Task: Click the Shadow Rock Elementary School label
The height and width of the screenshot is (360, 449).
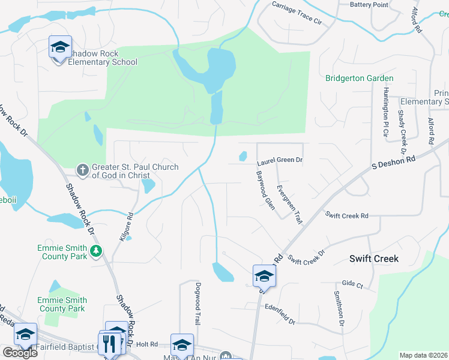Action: (x=102, y=58)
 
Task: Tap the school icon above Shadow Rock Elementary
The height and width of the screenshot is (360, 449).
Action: (x=60, y=47)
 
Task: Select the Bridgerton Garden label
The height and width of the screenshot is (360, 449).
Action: (x=360, y=78)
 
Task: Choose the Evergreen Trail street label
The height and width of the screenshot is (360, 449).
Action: (x=289, y=205)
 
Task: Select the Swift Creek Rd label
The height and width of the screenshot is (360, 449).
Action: (x=347, y=215)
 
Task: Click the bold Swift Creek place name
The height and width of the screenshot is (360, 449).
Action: (x=374, y=259)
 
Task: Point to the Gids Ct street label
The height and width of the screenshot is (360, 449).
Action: (x=352, y=283)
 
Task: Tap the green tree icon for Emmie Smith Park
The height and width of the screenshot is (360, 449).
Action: (x=95, y=250)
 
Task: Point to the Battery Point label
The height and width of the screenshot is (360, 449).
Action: (x=369, y=4)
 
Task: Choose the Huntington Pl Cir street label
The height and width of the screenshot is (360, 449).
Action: (x=385, y=112)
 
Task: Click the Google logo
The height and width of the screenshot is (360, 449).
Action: (x=20, y=353)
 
